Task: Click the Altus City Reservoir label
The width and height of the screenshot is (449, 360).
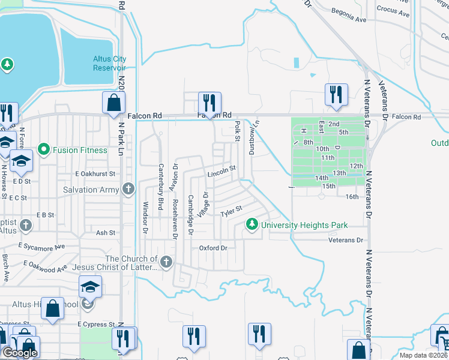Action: (109, 63)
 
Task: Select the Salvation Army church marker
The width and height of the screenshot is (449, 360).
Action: (127, 190)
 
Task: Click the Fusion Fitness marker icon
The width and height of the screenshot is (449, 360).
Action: (43, 149)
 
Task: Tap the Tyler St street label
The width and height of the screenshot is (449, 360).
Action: (231, 211)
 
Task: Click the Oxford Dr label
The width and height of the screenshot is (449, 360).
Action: (214, 248)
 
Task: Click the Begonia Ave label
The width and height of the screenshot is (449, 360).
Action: (351, 19)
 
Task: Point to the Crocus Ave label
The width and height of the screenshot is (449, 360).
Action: (392, 9)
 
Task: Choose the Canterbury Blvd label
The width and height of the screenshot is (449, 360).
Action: (160, 187)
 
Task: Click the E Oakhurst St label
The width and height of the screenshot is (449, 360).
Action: (94, 173)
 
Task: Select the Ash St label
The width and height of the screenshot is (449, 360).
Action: (105, 232)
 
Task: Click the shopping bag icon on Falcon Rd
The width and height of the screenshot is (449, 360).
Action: (113, 103)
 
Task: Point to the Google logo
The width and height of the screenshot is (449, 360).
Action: (20, 353)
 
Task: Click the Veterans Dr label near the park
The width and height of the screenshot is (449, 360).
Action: (346, 240)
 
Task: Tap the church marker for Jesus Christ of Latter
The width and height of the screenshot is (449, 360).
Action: (166, 262)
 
